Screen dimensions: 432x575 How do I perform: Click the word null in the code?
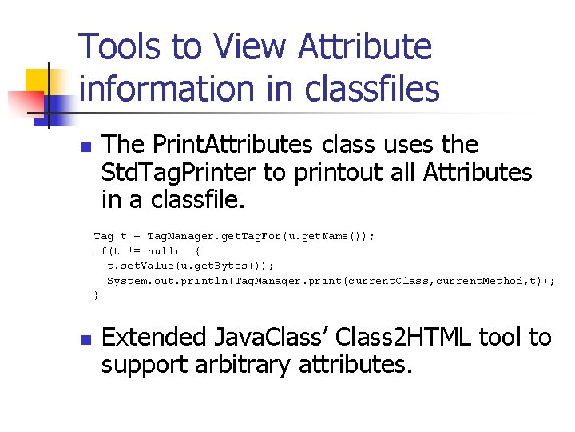pos(155,251)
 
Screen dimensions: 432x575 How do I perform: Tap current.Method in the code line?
pos(479,281)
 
